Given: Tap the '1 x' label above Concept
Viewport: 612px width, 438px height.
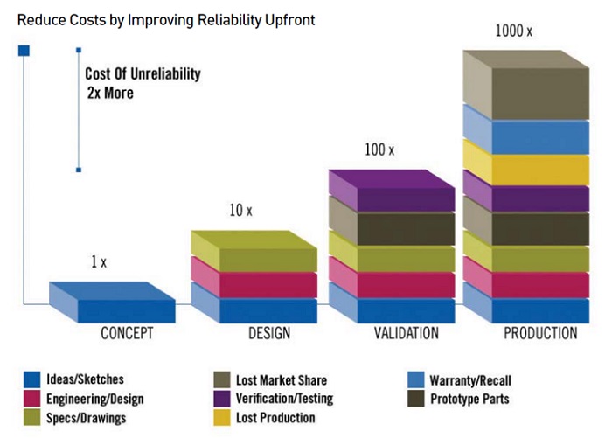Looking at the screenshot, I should [98, 262].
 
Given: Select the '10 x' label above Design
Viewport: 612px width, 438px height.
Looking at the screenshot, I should [240, 211].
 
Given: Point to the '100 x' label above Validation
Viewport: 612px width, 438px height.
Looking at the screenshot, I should [379, 150].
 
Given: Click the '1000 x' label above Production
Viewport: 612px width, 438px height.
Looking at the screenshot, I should [516, 31].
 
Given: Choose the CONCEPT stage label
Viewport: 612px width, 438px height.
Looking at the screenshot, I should [128, 333].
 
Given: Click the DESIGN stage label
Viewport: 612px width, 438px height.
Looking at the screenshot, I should [263, 333].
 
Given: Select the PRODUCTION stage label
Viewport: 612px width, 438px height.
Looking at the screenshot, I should [540, 333].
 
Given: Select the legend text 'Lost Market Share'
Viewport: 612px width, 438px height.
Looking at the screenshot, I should [282, 380].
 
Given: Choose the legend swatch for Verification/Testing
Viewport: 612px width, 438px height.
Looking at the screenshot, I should [222, 399].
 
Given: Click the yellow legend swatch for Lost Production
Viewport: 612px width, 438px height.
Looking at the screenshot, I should [222, 418].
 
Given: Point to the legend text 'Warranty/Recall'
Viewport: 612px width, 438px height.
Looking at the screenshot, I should [470, 380].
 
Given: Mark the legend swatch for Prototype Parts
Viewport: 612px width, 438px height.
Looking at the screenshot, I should [416, 399].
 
